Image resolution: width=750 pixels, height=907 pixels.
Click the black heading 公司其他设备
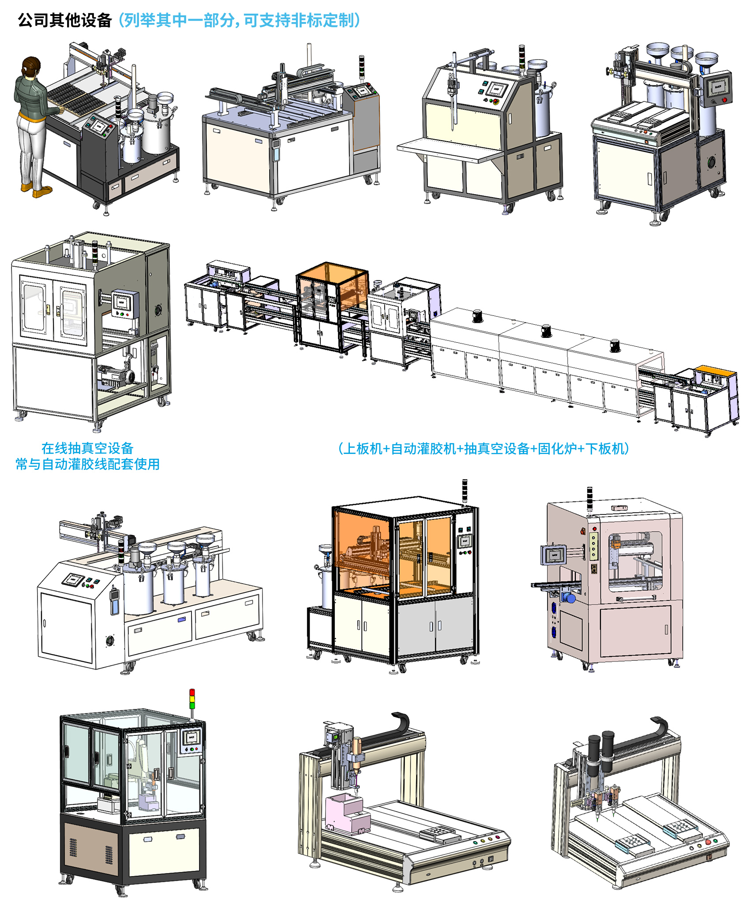click(65, 20)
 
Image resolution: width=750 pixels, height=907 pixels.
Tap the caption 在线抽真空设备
click(87, 448)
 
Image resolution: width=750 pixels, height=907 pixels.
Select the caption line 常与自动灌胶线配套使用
click(87, 464)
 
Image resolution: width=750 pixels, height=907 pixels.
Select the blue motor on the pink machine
click(570, 598)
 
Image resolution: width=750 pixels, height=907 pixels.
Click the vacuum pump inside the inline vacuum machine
click(116, 377)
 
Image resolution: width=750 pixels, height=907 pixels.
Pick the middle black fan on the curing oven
click(547, 330)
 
